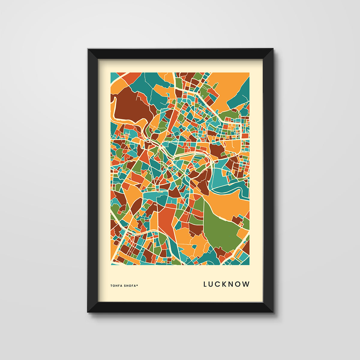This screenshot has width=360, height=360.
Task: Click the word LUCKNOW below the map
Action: [x=226, y=284]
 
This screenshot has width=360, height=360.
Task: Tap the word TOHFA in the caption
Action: [x=116, y=286]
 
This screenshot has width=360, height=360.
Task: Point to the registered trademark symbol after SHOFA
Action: [x=137, y=285]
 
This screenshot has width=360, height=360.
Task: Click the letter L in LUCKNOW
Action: [x=205, y=284]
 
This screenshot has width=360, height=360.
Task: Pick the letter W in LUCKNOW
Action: [x=246, y=284]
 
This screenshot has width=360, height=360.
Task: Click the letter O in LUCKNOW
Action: [x=238, y=284]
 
